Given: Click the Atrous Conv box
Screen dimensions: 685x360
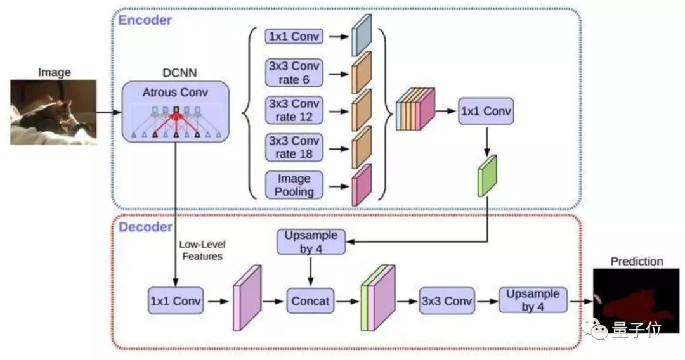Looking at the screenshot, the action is click(175, 112).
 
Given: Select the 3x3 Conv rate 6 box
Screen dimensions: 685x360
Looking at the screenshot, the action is click(294, 73).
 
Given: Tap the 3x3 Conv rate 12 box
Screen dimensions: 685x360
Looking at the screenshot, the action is click(294, 110).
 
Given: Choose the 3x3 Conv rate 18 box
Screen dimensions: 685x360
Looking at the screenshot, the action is click(294, 148).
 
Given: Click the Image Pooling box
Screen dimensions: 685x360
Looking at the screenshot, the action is click(294, 185).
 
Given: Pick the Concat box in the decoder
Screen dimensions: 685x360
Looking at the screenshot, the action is click(310, 300).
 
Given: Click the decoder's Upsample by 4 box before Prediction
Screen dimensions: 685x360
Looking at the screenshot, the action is click(533, 300).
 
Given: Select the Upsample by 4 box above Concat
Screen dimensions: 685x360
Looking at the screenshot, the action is click(311, 241).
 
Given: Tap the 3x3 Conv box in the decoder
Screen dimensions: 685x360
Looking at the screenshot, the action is click(447, 300).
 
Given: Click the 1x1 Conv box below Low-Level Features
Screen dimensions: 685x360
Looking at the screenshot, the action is click(176, 300).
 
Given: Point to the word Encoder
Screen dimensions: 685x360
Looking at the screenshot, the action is click(145, 20).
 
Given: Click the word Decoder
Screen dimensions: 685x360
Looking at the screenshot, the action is click(145, 227).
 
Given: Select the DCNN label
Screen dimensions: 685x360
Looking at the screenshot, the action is click(179, 73).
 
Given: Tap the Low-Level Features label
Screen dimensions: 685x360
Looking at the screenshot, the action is click(202, 250).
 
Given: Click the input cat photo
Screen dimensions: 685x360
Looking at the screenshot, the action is click(53, 112).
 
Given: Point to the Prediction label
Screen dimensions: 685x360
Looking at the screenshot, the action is click(637, 261).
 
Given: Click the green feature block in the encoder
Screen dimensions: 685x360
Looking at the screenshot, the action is click(487, 176).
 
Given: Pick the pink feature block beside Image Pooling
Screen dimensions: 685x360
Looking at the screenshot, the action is click(362, 184).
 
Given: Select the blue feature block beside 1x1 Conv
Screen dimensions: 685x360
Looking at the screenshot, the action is click(362, 35).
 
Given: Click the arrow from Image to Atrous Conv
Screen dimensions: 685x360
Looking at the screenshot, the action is click(109, 112).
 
